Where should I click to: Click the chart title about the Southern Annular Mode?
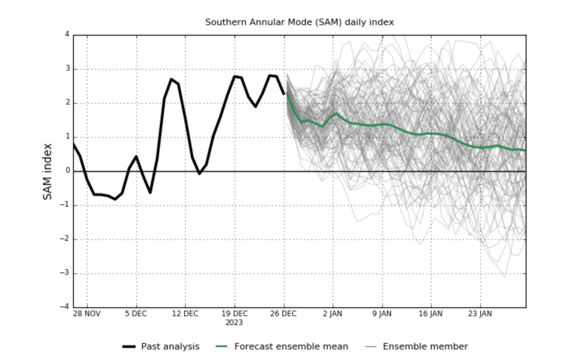tap(299, 22)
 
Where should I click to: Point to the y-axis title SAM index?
tap(48, 171)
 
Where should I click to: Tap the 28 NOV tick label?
tap(87, 314)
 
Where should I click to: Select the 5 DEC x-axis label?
tap(136, 314)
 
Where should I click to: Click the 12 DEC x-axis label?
tap(185, 314)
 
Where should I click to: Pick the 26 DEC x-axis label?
tap(284, 314)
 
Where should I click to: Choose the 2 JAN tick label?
tap(333, 314)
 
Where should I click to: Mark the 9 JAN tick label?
tap(382, 314)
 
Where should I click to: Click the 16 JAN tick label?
tap(431, 314)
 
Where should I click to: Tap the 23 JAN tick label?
tap(480, 314)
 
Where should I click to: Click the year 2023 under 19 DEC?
tap(234, 323)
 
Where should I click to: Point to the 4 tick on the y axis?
tap(67, 34)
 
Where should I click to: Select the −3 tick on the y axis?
tap(65, 273)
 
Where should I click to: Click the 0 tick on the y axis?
tap(67, 171)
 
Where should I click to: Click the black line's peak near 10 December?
tap(171, 79)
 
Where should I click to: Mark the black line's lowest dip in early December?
tap(115, 199)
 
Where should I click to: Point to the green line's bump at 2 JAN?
tap(336, 114)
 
